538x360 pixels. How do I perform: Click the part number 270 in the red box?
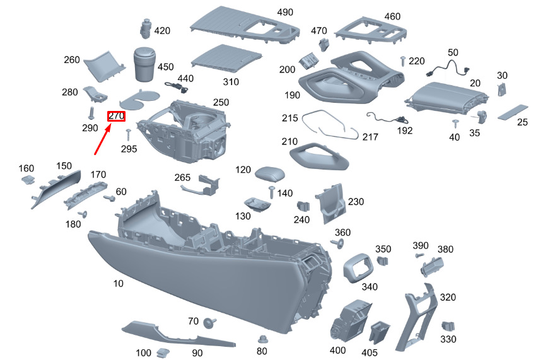pyautogui.click(x=117, y=116)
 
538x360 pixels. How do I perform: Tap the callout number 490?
pyautogui.click(x=285, y=13)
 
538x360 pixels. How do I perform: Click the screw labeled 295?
pyautogui.click(x=128, y=134)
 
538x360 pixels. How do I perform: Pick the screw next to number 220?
pyautogui.click(x=402, y=61)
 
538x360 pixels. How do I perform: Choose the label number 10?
pyautogui.click(x=119, y=284)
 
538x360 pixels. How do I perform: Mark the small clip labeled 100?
pyautogui.click(x=163, y=352)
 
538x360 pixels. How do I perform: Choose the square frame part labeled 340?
pyautogui.click(x=359, y=268)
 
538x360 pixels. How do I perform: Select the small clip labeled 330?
pyautogui.click(x=447, y=327)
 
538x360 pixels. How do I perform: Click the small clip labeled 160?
pyautogui.click(x=26, y=181)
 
